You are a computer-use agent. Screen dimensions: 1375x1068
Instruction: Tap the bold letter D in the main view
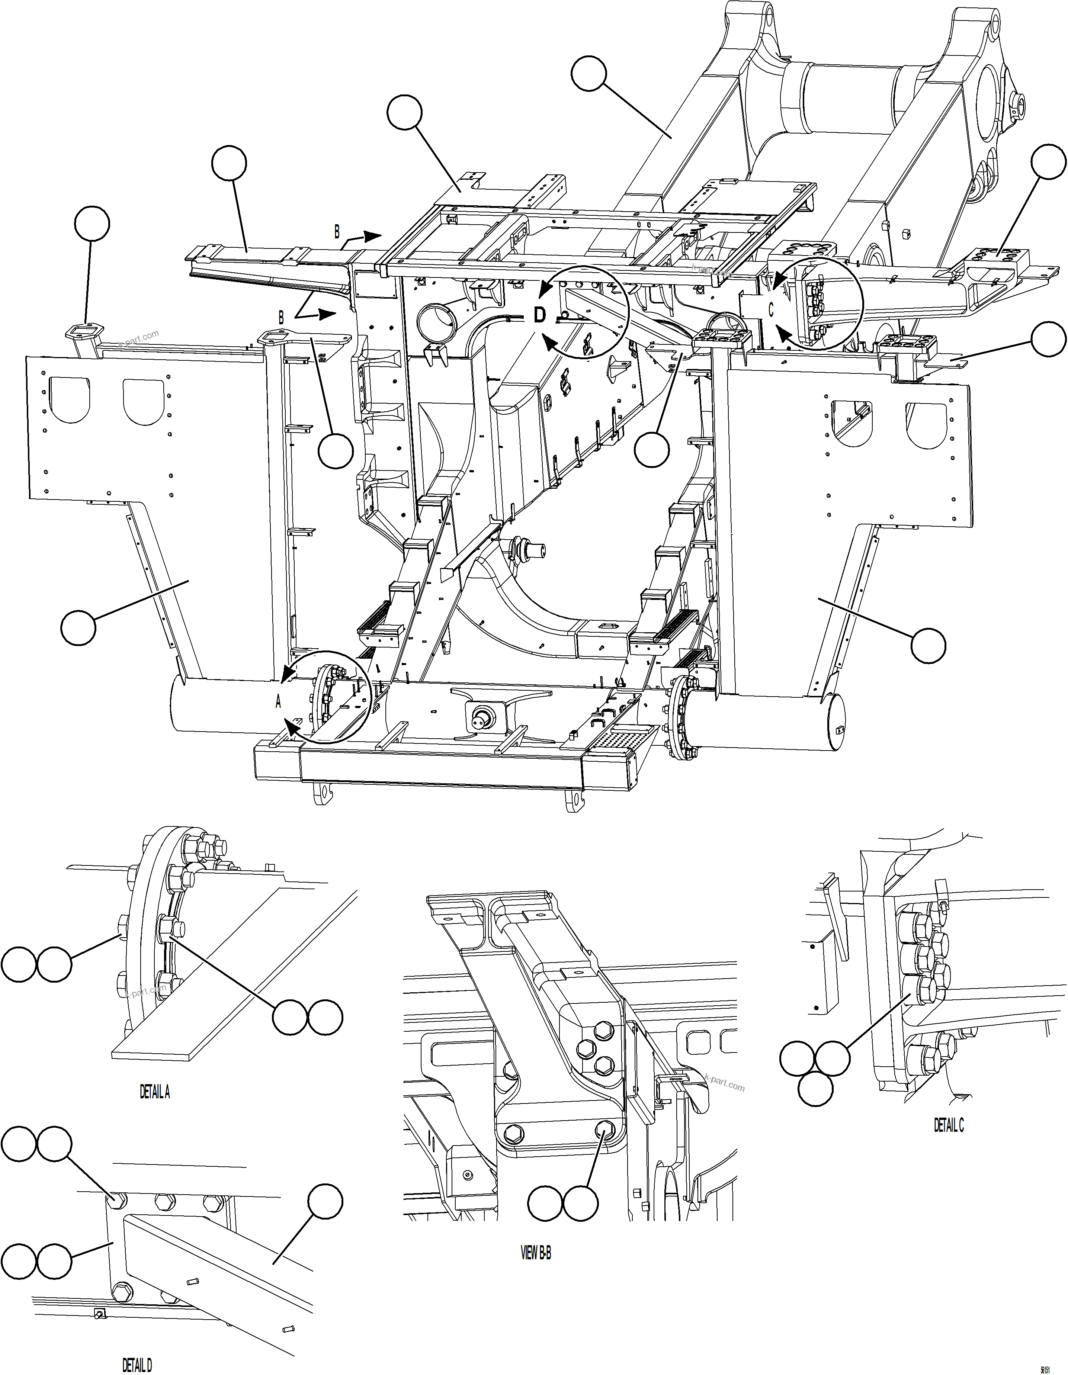pos(540,315)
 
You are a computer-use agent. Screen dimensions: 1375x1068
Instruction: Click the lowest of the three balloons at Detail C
pos(815,1089)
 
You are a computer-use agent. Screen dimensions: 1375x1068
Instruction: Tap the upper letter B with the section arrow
pos(337,232)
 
